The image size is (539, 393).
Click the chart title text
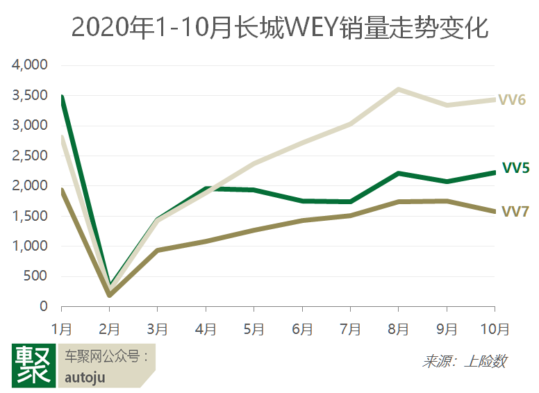tap(269, 28)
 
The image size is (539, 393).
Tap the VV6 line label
tap(511, 99)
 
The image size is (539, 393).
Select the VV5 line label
tap(516, 168)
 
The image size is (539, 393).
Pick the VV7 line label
tap(515, 211)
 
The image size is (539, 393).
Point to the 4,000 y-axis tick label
tap(29, 65)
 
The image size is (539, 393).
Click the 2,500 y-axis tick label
tap(29, 156)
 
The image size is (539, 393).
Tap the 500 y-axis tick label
tap(35, 276)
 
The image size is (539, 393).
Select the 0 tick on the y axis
tap(43, 306)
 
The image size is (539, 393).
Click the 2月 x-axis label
tap(110, 328)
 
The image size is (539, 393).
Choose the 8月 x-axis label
tap(398, 328)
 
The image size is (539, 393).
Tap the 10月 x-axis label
tap(494, 328)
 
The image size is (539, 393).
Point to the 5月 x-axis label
tap(254, 328)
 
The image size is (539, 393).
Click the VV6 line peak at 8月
tap(398, 90)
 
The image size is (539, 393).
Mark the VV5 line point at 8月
tap(398, 173)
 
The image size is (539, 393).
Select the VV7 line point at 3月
tap(158, 250)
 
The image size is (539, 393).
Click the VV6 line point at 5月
tap(254, 164)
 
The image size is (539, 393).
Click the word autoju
tap(85, 377)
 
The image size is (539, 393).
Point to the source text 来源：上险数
tap(464, 361)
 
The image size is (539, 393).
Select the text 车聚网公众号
tap(104, 357)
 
